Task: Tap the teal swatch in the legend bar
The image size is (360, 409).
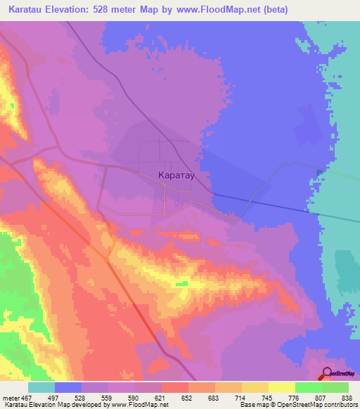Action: [x=41, y=387]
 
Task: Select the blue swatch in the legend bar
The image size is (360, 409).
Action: [x=68, y=387]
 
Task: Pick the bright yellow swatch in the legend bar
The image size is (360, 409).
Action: [x=281, y=387]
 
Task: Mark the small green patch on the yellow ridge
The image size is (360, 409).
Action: [x=182, y=283]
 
